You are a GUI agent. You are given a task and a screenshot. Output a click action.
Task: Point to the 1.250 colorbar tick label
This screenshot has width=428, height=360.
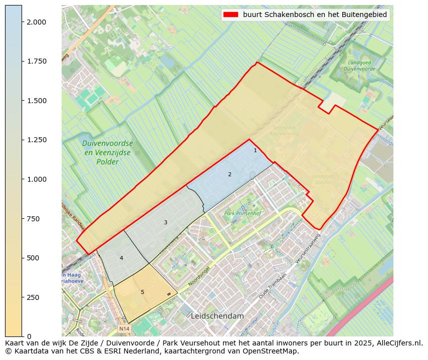(37, 140)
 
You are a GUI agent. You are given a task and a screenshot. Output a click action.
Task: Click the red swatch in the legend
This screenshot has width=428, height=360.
(231, 15)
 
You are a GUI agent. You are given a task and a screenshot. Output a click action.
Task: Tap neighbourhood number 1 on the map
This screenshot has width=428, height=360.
(255, 150)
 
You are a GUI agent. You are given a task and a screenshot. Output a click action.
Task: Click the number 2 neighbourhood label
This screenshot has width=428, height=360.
(230, 174)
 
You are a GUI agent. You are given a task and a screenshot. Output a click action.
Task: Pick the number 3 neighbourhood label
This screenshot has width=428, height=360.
(165, 222)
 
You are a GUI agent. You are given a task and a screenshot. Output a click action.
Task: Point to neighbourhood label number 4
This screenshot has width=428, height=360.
(121, 258)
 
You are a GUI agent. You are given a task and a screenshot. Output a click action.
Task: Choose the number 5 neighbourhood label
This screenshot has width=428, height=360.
(142, 292)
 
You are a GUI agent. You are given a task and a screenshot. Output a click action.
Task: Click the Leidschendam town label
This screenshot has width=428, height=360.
(217, 316)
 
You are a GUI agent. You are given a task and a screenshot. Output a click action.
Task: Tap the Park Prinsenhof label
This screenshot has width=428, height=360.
(243, 214)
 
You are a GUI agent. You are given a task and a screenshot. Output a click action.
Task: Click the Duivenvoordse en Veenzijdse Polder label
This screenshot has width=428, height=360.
(108, 152)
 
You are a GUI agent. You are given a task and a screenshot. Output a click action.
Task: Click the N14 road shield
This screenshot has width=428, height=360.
(124, 329)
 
